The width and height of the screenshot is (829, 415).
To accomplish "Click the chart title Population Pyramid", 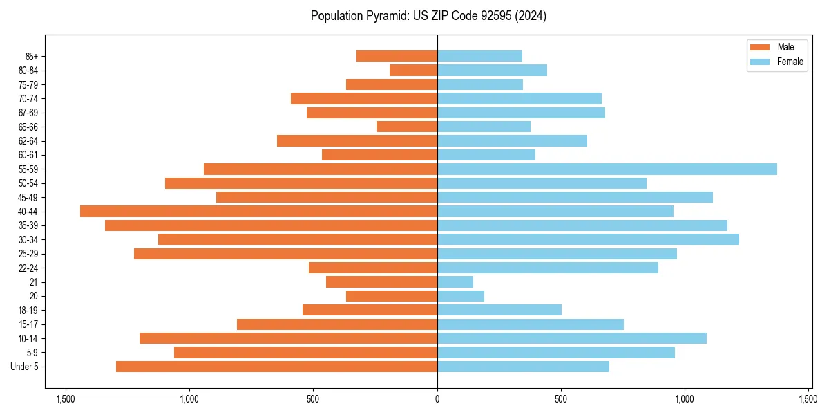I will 428,16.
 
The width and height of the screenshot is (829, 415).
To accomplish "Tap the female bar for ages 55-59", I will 607,169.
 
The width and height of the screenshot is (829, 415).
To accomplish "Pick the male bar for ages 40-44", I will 259,211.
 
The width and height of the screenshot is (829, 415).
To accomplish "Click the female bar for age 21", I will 455,282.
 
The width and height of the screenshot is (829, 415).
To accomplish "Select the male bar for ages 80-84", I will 413,70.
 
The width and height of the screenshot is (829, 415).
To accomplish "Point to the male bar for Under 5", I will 276,366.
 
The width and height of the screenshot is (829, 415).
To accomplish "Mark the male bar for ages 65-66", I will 407,127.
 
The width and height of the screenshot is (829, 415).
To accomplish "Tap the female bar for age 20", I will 461,296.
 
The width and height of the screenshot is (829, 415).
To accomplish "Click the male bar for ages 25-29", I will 285,254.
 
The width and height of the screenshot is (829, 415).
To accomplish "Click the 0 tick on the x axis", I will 437,399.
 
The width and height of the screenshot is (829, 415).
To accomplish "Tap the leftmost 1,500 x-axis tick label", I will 66,399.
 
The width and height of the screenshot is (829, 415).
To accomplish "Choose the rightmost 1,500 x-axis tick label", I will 808,399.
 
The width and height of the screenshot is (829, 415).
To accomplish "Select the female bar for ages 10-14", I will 572,338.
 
